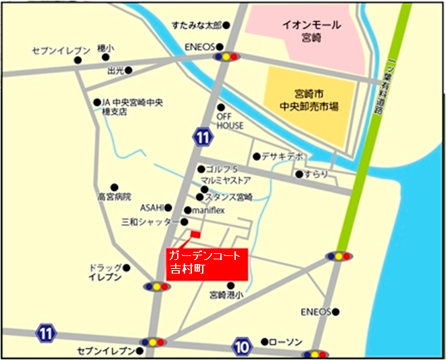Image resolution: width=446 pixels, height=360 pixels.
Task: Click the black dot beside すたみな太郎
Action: [227, 26]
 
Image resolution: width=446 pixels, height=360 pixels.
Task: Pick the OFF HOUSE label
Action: [230, 121]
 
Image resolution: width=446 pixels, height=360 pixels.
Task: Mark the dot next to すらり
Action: [299, 174]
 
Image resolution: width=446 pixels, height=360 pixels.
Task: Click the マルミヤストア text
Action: [226, 181]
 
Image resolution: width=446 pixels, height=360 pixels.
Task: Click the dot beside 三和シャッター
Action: [184, 222]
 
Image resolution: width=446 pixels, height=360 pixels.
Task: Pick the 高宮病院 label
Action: [114, 197]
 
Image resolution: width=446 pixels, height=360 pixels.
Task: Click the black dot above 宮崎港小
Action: [231, 285]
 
